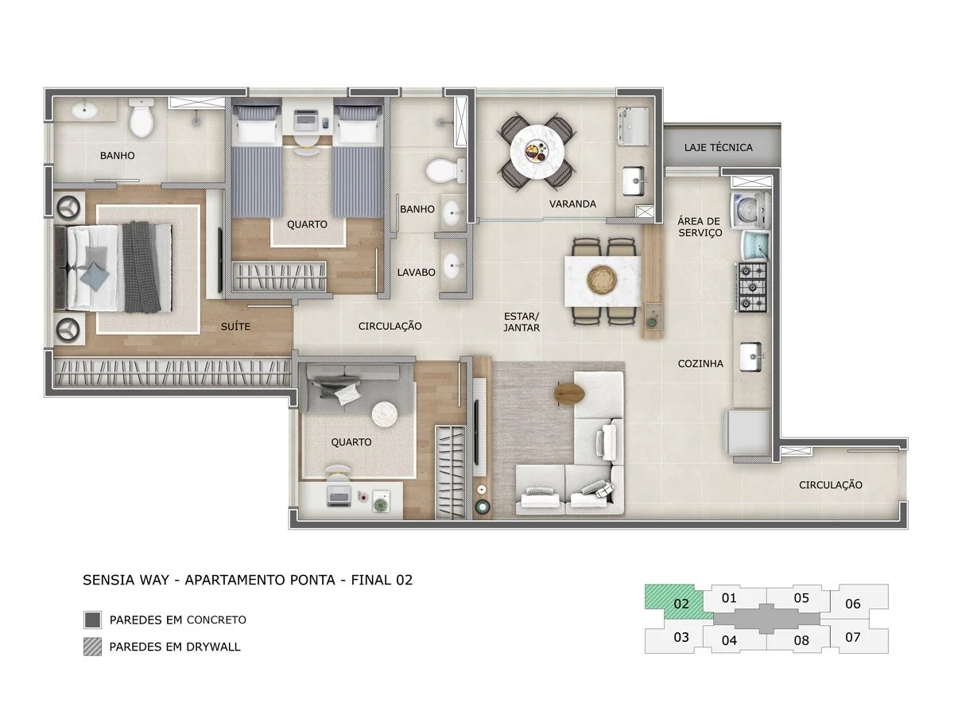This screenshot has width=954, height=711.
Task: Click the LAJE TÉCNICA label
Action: coord(718,147)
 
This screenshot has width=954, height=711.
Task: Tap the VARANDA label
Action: coord(572,204)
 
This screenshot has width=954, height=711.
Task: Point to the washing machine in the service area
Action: coord(750,208)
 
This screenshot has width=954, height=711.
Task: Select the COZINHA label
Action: coord(700,363)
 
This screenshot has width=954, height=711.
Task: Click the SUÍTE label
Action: coord(236,326)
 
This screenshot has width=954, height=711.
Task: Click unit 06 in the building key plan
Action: coord(853,604)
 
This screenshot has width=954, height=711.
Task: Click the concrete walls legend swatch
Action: coord(92,620)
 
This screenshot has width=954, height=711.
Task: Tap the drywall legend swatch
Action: coord(92,647)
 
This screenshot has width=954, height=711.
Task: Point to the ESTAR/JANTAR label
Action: coord(522,321)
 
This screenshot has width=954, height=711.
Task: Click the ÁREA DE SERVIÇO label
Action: coord(700,227)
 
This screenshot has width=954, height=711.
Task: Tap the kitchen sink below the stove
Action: coord(750,356)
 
